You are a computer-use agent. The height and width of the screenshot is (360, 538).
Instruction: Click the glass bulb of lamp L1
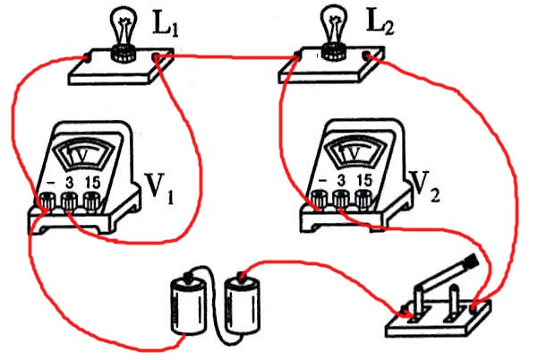click(x=120, y=22)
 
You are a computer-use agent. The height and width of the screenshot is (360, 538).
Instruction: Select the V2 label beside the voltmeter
click(x=424, y=184)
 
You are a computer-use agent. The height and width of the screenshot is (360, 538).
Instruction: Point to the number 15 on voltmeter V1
click(x=91, y=184)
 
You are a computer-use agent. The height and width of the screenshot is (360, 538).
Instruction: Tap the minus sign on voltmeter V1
click(x=50, y=184)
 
